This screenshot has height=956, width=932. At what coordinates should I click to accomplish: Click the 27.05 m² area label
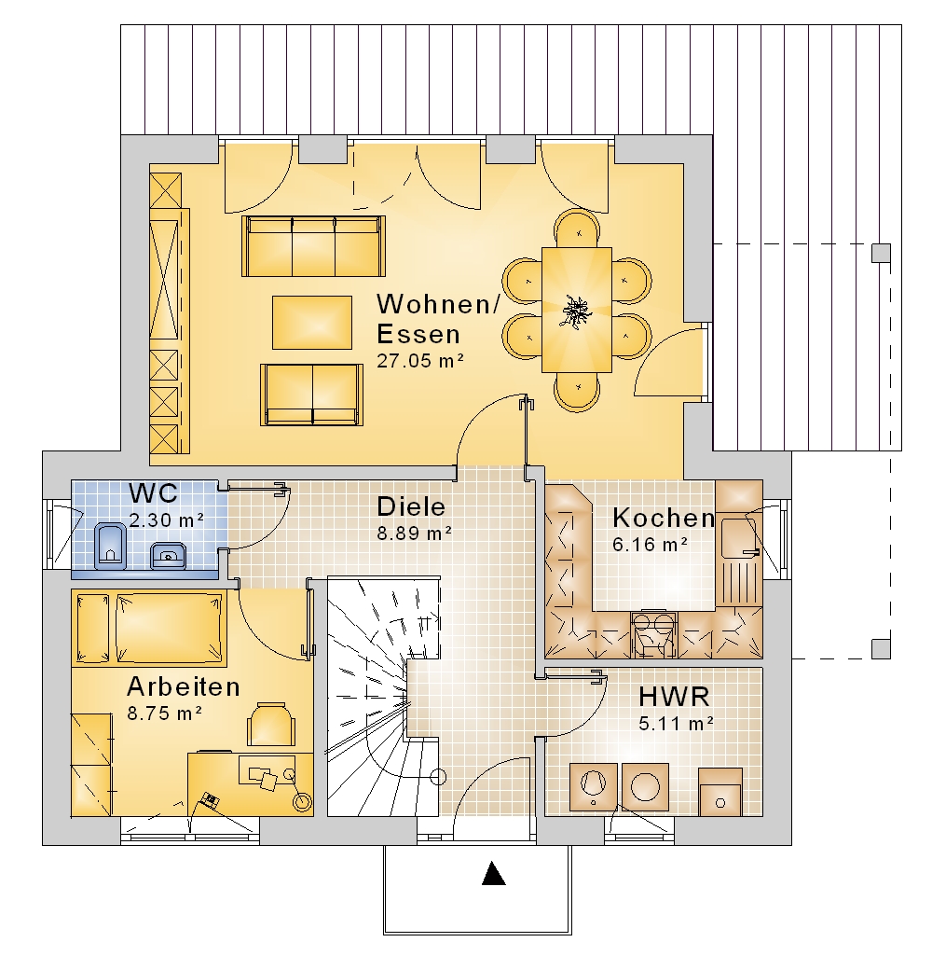pos(420,360)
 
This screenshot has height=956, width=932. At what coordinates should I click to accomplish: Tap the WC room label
pos(153,492)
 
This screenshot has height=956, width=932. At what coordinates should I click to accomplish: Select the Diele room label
pos(411,506)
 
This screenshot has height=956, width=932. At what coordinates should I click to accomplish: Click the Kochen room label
pos(664,518)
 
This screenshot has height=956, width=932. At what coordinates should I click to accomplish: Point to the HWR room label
pos(674,697)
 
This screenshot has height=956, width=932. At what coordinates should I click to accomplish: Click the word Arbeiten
pos(184,686)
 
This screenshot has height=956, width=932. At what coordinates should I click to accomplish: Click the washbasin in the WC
pos(168,555)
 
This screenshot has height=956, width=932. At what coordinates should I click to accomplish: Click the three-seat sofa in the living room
pos(313,246)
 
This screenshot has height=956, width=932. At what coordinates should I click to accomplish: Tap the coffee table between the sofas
pos(312,323)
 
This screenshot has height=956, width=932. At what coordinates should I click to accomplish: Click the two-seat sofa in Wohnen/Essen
pos(312,395)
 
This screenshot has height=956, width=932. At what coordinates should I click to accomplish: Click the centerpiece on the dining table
pos(576,311)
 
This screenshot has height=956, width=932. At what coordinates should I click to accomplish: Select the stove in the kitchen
pos(653,635)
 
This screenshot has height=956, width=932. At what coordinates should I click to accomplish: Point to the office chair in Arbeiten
pos(271,724)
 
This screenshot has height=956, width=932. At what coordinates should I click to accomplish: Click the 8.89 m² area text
pos(414,533)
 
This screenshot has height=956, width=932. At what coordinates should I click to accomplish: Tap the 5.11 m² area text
pos(676,724)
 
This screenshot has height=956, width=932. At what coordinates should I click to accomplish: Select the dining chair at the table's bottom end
pos(577,391)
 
